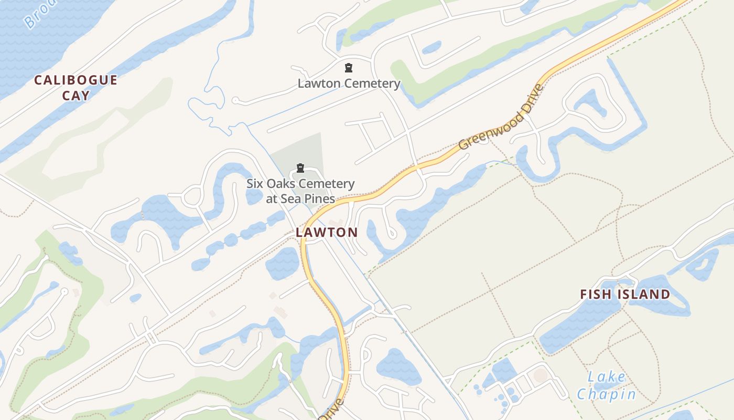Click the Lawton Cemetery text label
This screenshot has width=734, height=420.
pos(349,83)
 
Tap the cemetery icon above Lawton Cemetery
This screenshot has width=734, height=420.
pos(348,68)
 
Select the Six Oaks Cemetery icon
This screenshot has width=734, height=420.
pos(300,168)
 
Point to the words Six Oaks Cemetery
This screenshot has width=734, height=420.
pos(300,184)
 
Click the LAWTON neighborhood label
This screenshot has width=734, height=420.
pos(327,232)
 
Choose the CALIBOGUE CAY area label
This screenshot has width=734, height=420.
pos(76,88)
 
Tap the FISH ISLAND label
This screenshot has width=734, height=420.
pos(625,295)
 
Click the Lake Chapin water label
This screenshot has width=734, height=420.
pos(607,385)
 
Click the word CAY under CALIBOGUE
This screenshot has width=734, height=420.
pos(76,96)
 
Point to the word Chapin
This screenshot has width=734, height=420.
pos(607,394)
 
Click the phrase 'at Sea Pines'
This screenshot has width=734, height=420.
pos(300,198)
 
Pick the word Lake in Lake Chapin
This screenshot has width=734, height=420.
pos(607,377)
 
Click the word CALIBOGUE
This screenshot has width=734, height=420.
pos(76,80)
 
